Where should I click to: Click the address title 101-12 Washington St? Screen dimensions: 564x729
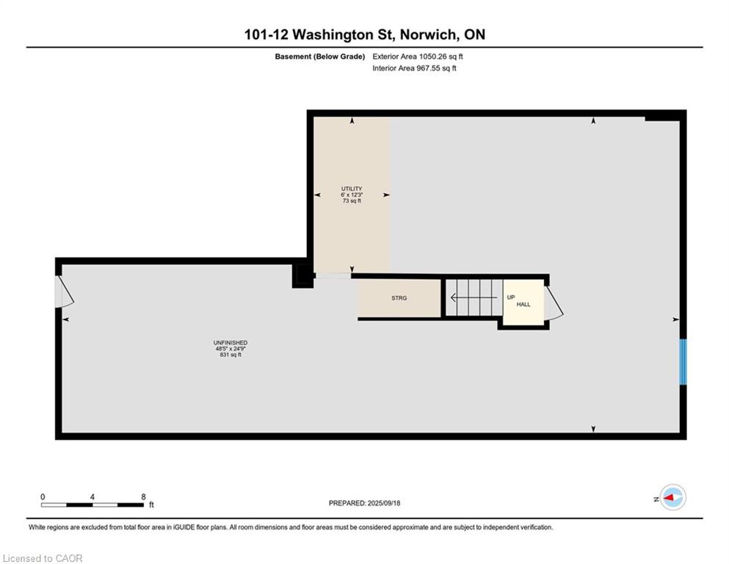tap(364, 35)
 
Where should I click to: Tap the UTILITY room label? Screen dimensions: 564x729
tap(352, 189)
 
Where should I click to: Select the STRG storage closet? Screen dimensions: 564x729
tap(399, 298)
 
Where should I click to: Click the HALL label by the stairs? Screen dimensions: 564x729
tap(523, 304)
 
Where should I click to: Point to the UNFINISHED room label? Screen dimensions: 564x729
tap(230, 343)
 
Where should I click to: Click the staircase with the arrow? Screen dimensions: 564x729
tap(474, 298)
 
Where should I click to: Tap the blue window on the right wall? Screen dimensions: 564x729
tap(682, 361)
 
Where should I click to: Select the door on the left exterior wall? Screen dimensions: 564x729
tap(64, 292)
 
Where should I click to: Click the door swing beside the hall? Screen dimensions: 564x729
tap(554, 304)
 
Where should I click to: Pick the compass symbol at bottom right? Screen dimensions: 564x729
tap(672, 498)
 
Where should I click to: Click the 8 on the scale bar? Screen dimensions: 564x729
tap(143, 496)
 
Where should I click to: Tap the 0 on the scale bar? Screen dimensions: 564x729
tap(43, 496)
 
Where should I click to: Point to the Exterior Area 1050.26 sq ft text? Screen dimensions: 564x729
tap(418, 57)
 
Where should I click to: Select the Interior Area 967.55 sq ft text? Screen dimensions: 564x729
tap(415, 68)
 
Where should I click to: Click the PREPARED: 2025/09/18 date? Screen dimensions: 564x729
tap(364, 503)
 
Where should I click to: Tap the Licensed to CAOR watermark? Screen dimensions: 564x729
tap(43, 558)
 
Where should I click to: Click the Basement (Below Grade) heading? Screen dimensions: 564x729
tap(320, 57)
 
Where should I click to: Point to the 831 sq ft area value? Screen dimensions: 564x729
tap(230, 355)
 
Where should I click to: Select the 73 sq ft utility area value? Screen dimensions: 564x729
tap(352, 200)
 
